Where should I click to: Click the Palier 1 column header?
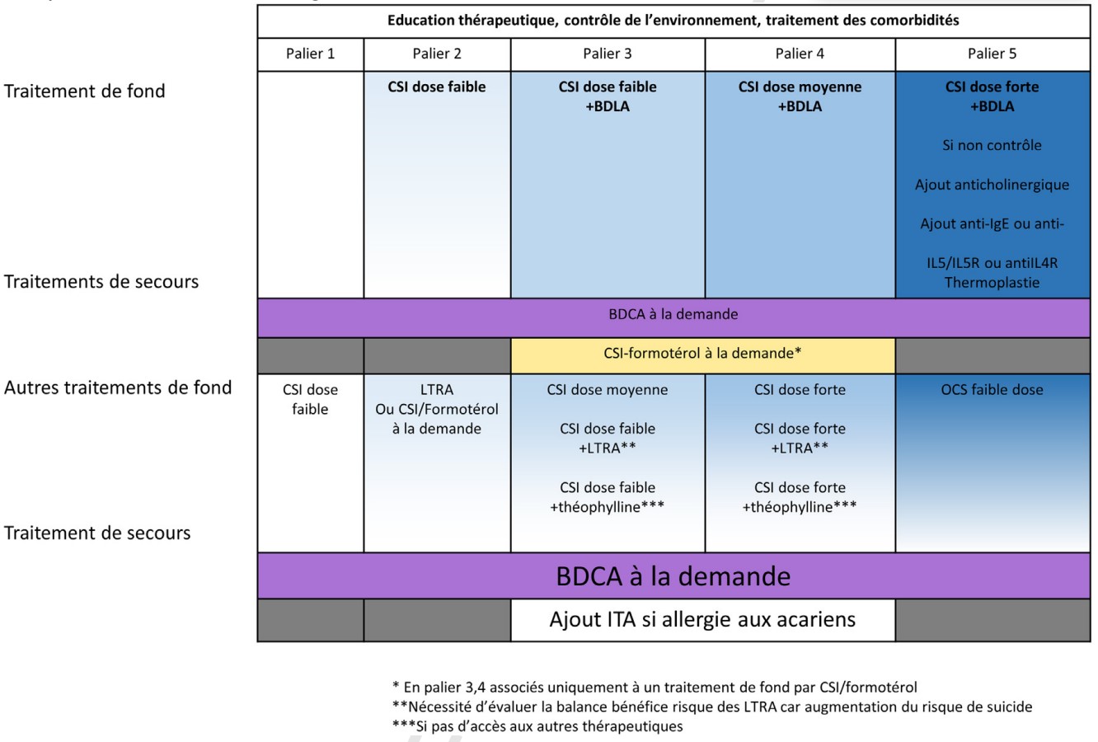[310, 54]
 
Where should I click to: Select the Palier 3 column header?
[608, 54]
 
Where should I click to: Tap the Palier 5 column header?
[992, 54]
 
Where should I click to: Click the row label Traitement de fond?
[85, 92]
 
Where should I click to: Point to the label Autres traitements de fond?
[118, 387]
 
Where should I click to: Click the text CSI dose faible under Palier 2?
[437, 87]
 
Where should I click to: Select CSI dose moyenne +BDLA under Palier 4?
[800, 96]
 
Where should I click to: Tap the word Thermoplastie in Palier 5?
[992, 283]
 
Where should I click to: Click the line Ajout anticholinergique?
[992, 185]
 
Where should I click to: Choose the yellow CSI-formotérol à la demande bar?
[702, 354]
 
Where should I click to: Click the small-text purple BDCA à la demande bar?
[673, 314]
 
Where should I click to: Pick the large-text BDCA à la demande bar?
[673, 575]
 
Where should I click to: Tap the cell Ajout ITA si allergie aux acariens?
[702, 619]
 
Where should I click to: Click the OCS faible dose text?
[992, 390]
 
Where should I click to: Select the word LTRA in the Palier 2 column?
[437, 390]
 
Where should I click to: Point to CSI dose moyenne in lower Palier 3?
[608, 390]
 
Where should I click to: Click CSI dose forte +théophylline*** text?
[800, 497]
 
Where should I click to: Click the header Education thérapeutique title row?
[673, 21]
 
